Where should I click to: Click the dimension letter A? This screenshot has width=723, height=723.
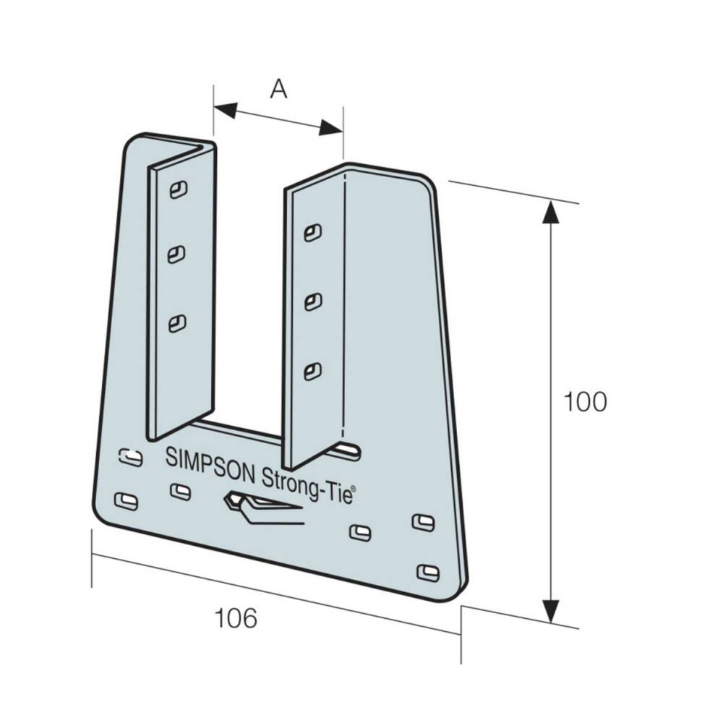(x=278, y=89)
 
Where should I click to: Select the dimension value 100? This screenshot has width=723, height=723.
(x=585, y=403)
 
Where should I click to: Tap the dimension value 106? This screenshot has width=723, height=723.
(x=236, y=618)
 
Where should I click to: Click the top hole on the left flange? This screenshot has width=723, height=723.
(x=177, y=189)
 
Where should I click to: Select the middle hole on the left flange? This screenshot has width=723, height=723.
(x=176, y=254)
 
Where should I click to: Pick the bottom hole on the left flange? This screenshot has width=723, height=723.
(x=176, y=323)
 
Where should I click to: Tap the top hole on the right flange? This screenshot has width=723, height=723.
(x=312, y=232)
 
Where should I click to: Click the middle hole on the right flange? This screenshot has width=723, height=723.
(x=312, y=301)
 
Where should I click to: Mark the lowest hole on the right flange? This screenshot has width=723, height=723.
(x=312, y=372)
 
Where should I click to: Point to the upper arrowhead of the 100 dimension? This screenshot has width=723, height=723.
(x=551, y=214)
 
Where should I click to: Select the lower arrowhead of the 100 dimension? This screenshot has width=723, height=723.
(x=551, y=610)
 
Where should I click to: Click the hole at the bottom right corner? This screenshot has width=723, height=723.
(x=428, y=573)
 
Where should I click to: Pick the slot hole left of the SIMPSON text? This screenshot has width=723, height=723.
(x=130, y=457)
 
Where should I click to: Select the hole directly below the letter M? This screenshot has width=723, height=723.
(x=180, y=492)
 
